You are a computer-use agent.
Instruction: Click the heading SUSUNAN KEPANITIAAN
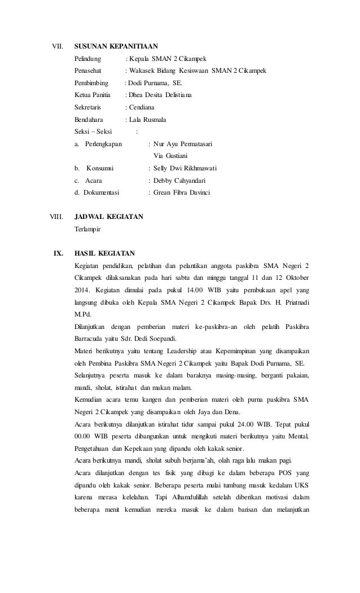click(116, 46)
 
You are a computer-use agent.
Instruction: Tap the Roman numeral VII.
click(58, 46)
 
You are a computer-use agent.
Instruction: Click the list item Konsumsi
click(99, 168)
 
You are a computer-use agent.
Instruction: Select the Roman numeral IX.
click(58, 253)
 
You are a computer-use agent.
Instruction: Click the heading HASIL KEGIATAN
click(104, 253)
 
